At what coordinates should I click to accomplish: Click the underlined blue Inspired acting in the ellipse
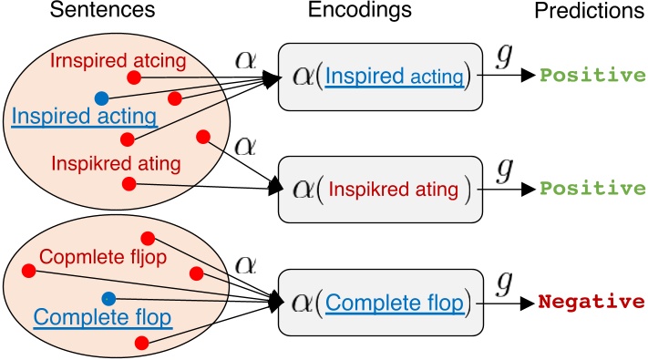85,116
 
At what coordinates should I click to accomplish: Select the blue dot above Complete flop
108,297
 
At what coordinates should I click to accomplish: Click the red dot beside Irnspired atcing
133,78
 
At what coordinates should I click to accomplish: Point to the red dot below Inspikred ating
129,184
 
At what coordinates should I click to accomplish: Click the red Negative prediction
591,302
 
